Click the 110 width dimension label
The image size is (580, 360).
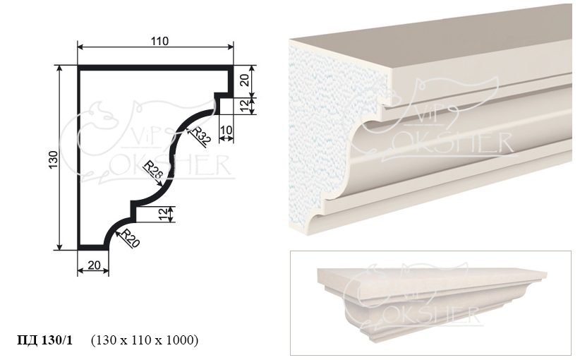click(159, 41)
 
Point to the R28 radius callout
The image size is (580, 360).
click(153, 169)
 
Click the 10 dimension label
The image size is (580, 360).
click(226, 130)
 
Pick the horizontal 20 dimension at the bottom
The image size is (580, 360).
click(95, 265)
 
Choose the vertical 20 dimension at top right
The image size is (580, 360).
click(245, 79)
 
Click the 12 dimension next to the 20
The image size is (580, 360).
click(245, 106)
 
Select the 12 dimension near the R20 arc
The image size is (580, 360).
click(163, 214)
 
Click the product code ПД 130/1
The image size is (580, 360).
click(45, 340)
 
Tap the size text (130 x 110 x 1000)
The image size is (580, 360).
click(144, 340)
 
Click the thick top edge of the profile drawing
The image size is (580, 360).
click(155, 68)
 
